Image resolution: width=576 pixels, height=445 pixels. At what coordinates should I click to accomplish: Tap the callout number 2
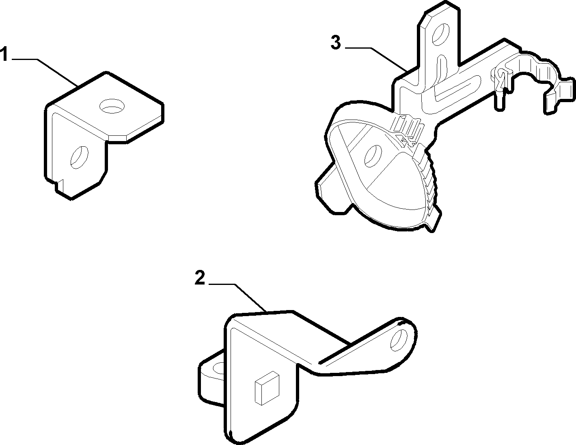(200, 278)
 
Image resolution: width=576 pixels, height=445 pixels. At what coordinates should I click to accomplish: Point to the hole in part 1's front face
(80, 157)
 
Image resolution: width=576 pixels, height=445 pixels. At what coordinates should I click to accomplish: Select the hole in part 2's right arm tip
(399, 340)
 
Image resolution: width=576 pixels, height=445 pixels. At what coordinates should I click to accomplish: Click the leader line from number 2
(237, 297)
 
